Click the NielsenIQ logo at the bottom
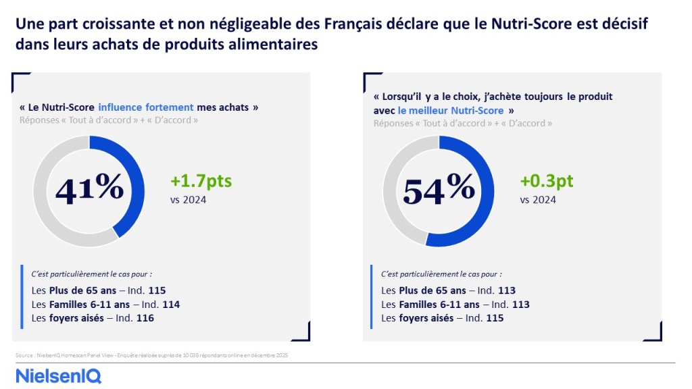(x=59, y=375)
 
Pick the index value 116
(x=145, y=317)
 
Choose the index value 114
(x=171, y=305)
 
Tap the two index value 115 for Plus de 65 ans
(x=157, y=291)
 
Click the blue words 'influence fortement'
(x=146, y=107)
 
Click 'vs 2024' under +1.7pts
(x=189, y=199)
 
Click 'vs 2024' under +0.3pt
(x=538, y=199)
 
